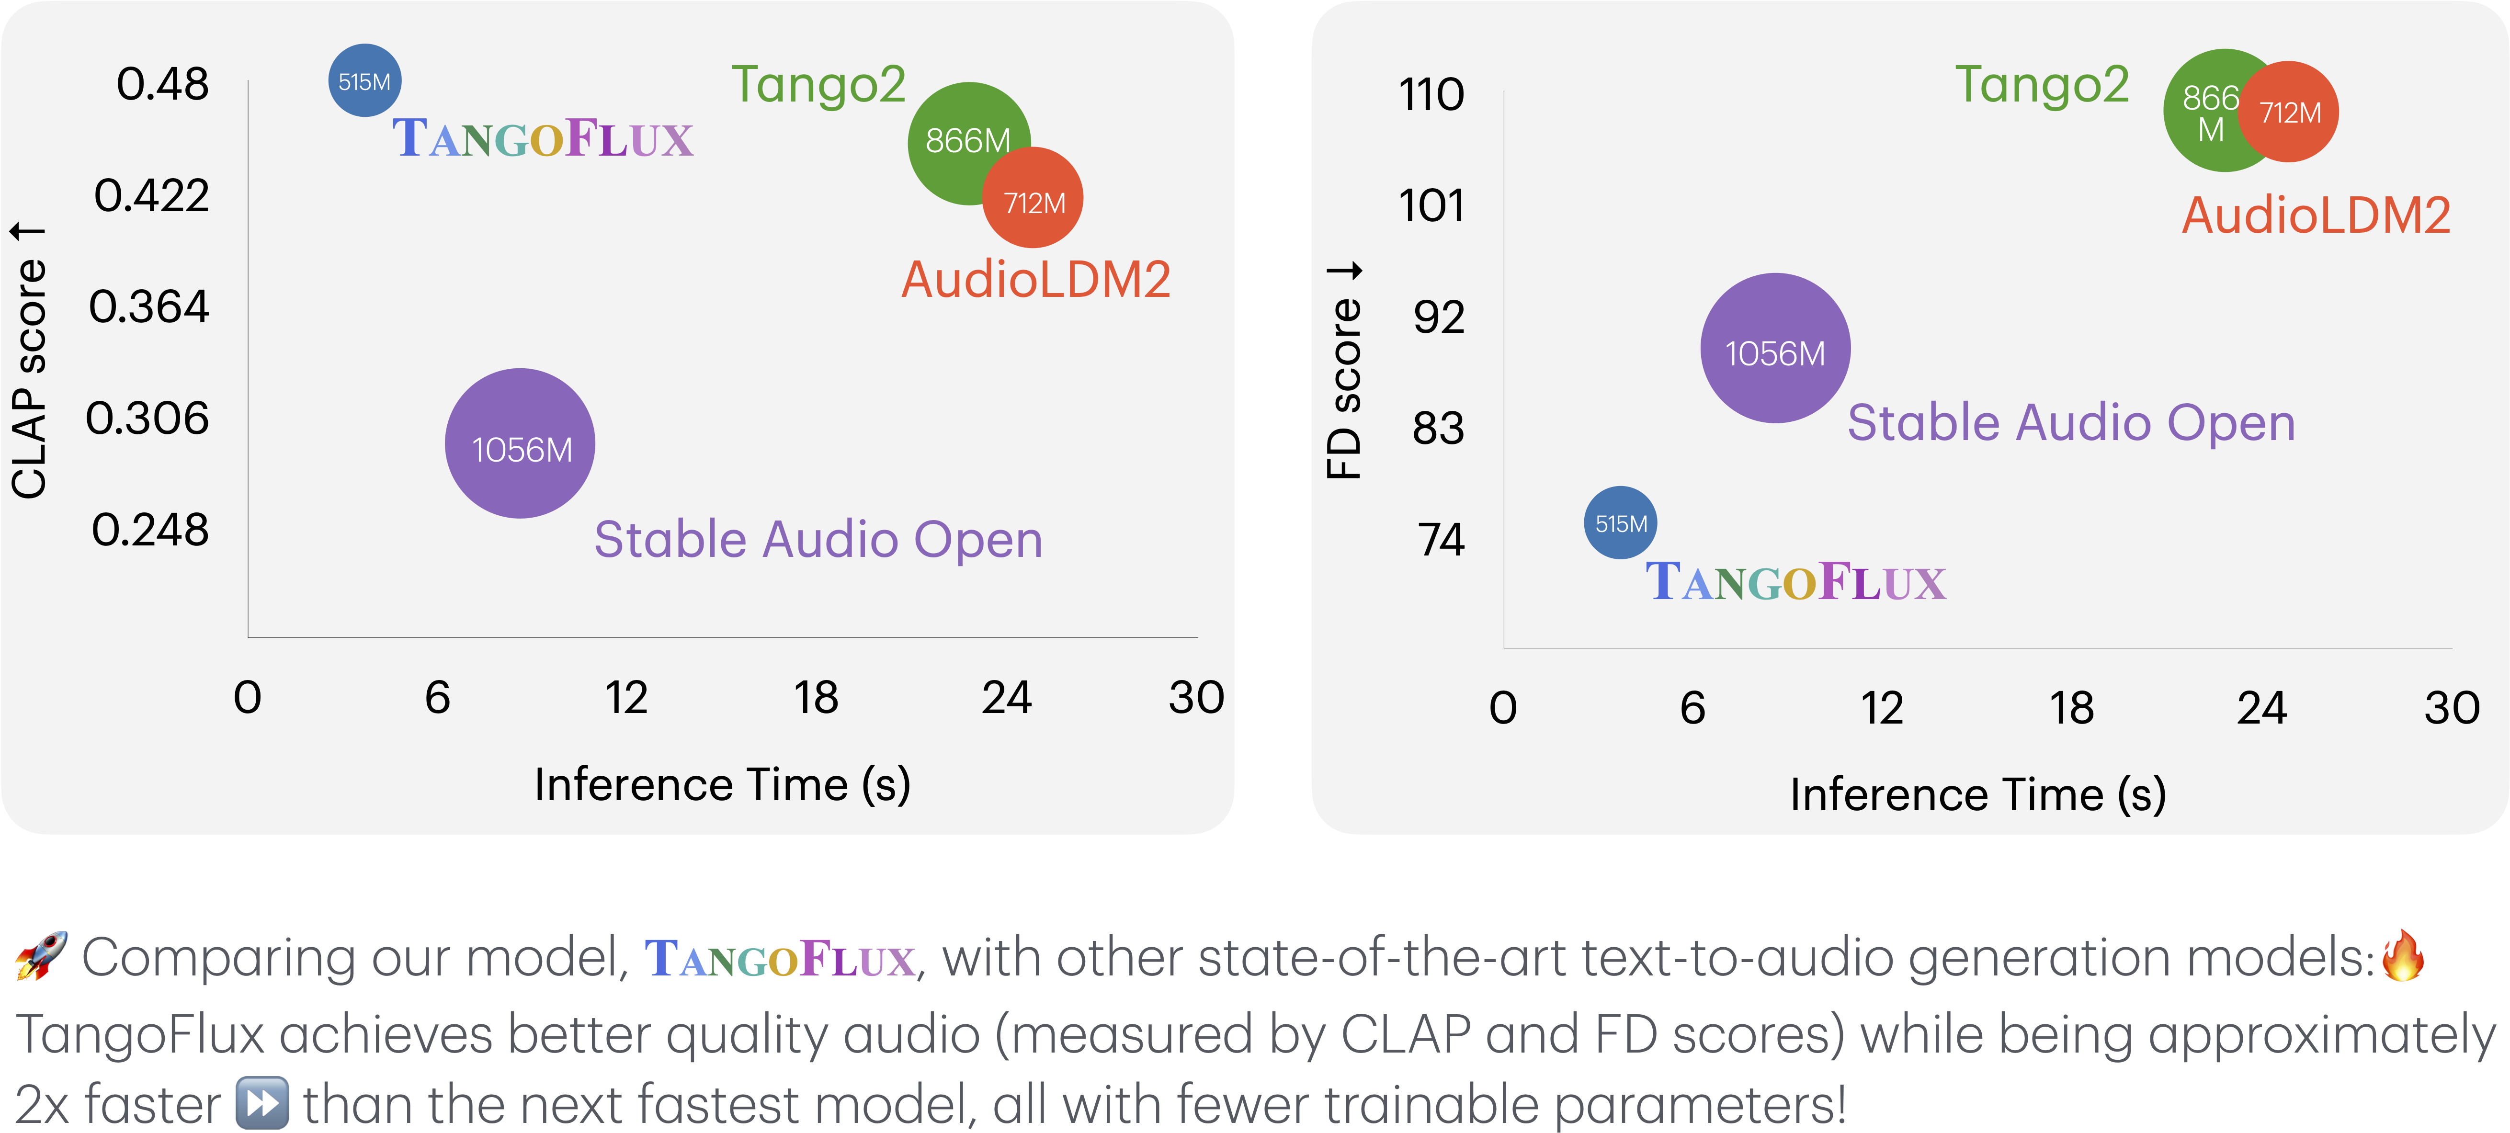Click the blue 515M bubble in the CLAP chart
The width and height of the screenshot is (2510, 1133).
click(364, 81)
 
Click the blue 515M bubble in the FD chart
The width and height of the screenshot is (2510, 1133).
click(1620, 523)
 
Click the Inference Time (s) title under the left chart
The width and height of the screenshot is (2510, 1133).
click(722, 784)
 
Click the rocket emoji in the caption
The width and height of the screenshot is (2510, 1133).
click(41, 957)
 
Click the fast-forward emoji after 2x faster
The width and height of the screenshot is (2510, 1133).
click(262, 1104)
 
